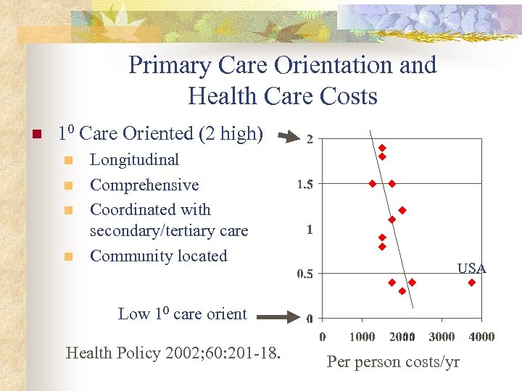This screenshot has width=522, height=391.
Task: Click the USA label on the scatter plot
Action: [x=471, y=269]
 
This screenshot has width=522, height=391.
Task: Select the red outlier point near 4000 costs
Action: [x=471, y=282]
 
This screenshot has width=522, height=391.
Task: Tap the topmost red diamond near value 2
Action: [x=382, y=148]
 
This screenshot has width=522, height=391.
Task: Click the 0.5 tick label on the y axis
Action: [x=305, y=274]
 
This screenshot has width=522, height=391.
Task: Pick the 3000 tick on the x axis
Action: [x=442, y=337]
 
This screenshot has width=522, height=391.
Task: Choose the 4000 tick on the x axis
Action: [x=481, y=337]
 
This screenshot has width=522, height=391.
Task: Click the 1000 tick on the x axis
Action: [x=362, y=337]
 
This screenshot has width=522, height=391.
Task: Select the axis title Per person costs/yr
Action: [x=393, y=362]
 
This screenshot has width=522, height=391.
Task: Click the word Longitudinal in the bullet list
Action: [x=134, y=160]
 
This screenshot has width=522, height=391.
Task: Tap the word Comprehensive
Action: [x=144, y=185]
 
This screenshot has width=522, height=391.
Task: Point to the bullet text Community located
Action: [x=158, y=256]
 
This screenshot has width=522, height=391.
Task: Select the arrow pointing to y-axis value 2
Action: [x=289, y=135]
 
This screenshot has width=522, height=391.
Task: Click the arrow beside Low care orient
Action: [x=274, y=316]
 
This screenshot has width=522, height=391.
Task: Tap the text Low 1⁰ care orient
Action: [x=182, y=314]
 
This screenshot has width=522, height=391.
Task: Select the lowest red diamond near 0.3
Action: [x=402, y=291]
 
